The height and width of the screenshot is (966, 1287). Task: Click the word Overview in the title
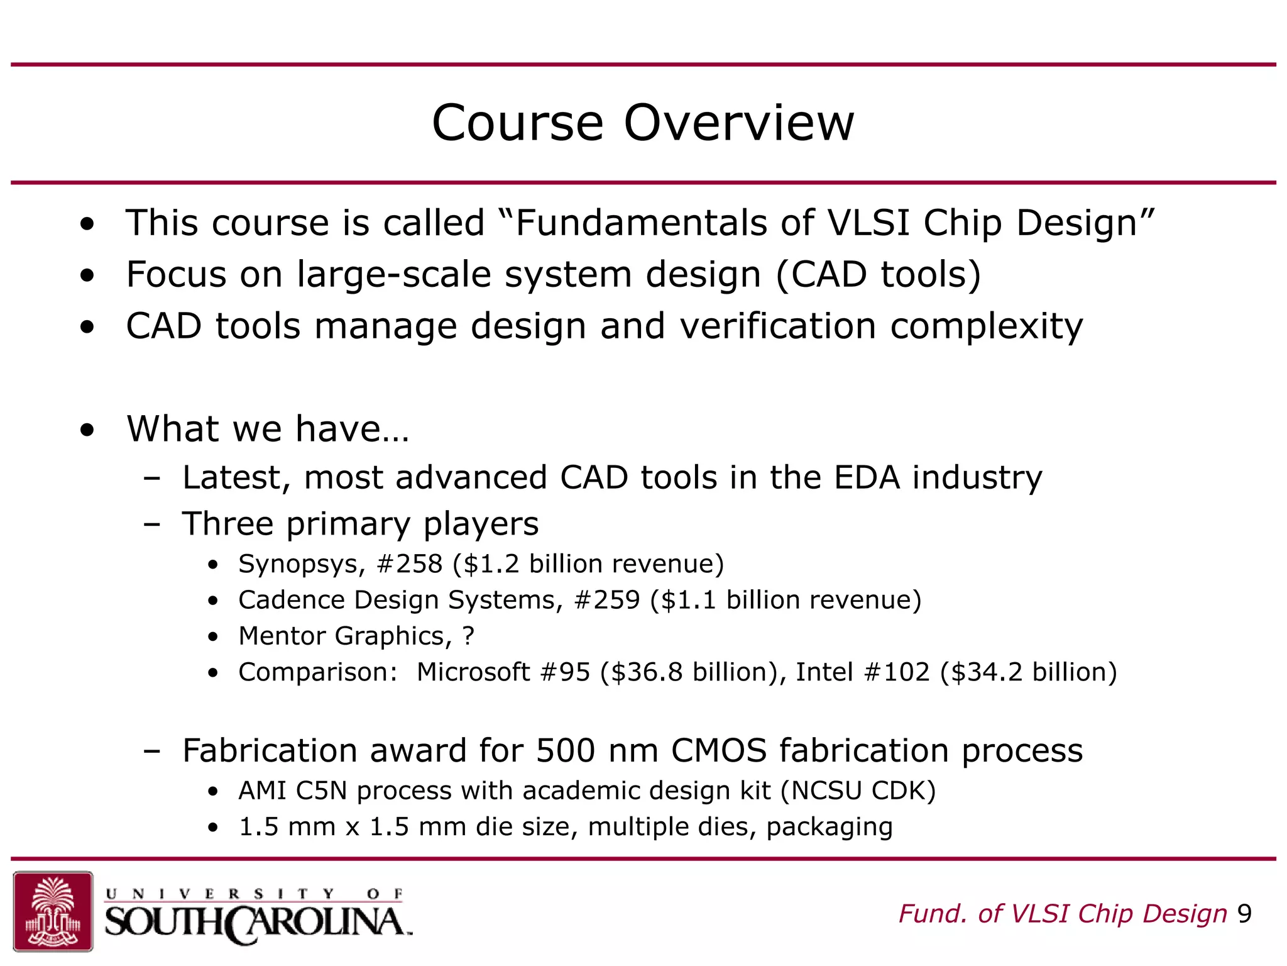tap(738, 123)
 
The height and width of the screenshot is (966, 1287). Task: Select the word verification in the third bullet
tap(777, 326)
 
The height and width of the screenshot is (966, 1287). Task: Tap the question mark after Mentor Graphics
tap(468, 636)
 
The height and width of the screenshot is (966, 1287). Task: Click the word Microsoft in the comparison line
tap(473, 672)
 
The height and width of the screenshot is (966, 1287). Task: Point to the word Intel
tap(824, 672)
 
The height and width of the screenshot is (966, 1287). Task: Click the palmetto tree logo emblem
tap(53, 911)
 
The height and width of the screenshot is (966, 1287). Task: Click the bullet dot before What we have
tap(87, 430)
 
